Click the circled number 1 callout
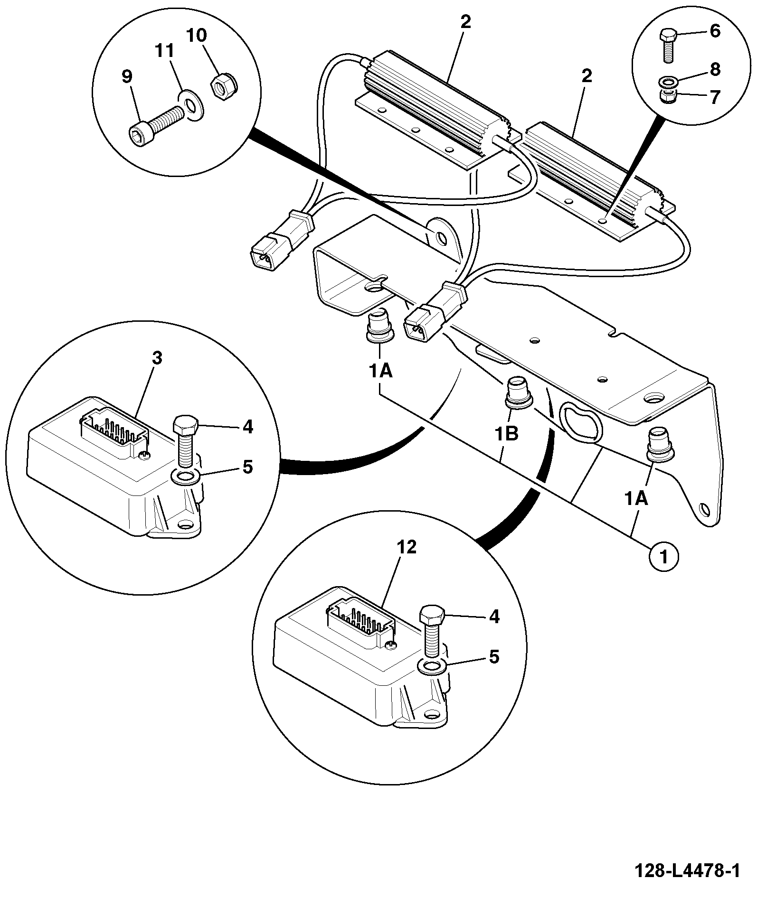click(663, 557)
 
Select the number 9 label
click(127, 76)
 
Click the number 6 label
click(715, 31)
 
